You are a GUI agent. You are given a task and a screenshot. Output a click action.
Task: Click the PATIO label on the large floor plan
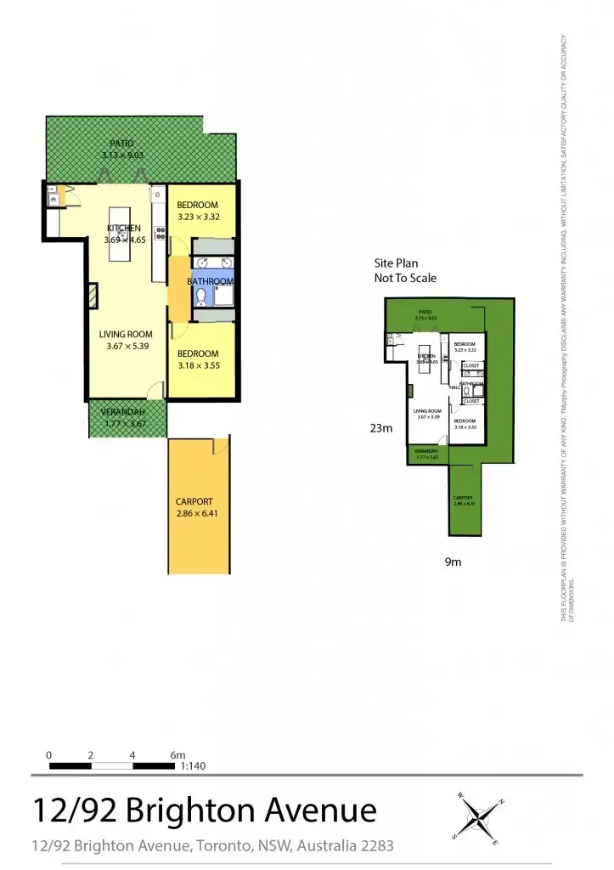click(x=121, y=144)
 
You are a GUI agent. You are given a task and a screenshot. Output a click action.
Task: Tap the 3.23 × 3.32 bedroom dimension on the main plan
click(x=199, y=217)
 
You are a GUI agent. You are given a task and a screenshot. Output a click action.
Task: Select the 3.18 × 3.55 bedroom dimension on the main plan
click(x=199, y=365)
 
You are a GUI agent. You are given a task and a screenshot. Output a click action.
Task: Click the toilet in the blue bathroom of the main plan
click(x=200, y=297)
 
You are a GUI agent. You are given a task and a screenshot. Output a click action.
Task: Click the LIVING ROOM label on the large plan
click(x=126, y=334)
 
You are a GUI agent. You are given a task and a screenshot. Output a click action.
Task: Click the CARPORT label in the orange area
click(x=194, y=501)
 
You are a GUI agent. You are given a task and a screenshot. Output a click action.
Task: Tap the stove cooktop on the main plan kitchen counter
click(x=159, y=230)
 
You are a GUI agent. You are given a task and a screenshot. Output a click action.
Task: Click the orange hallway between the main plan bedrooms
click(x=179, y=289)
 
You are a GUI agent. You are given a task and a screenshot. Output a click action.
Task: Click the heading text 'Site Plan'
click(x=397, y=263)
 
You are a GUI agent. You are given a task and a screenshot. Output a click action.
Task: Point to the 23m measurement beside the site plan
click(x=381, y=429)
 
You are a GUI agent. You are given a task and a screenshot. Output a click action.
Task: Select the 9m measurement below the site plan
click(x=453, y=562)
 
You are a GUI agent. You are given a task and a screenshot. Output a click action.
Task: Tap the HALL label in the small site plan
click(x=454, y=387)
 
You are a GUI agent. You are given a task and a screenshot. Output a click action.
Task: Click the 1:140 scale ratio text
click(x=194, y=765)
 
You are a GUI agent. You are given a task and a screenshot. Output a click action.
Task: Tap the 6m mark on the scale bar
click(x=177, y=754)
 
